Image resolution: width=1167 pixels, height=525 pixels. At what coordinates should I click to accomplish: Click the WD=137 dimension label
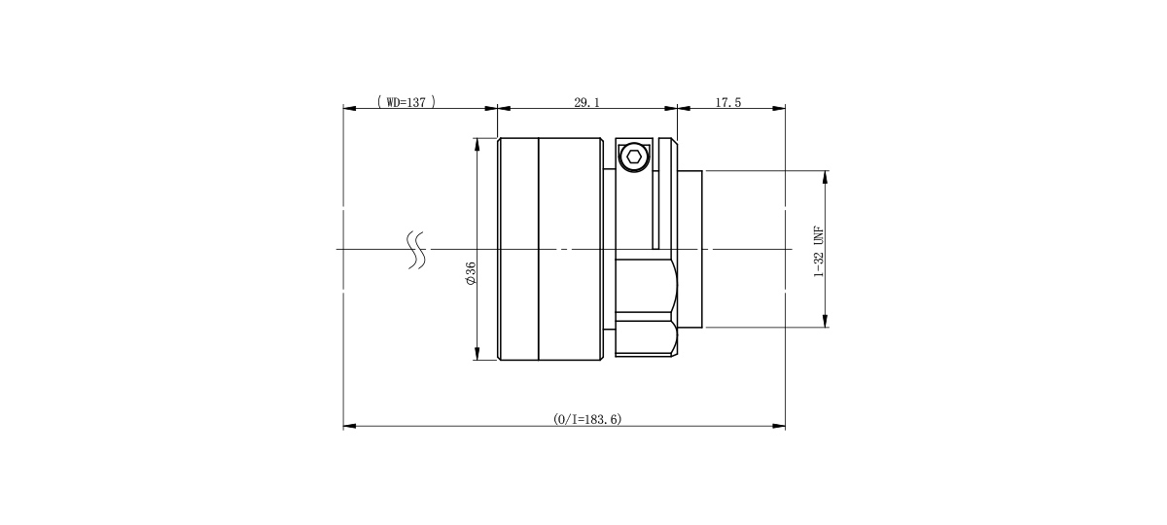pos(407,102)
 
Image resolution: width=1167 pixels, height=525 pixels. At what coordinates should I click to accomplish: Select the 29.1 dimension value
pos(586,103)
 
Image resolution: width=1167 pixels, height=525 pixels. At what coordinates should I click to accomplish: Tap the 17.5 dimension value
pos(727,103)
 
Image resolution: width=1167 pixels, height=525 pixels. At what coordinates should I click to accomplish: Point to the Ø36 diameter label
pos(471,273)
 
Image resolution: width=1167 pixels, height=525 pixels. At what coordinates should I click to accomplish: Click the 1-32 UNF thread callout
pos(819,252)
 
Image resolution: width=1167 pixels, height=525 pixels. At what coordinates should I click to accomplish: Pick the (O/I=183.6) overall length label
pos(587,419)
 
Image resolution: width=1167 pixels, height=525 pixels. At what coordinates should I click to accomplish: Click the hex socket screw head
pos(633,157)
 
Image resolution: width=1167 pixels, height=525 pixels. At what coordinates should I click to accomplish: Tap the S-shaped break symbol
pos(416,250)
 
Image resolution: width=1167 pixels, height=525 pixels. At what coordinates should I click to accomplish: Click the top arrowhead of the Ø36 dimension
pos(477,144)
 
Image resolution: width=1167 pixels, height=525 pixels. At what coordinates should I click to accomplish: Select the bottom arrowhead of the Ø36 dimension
pos(477,354)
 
